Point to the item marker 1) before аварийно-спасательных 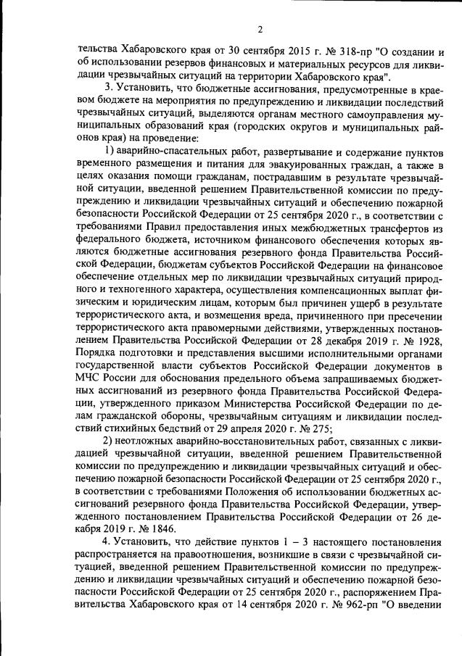pyautogui.click(x=111, y=149)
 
